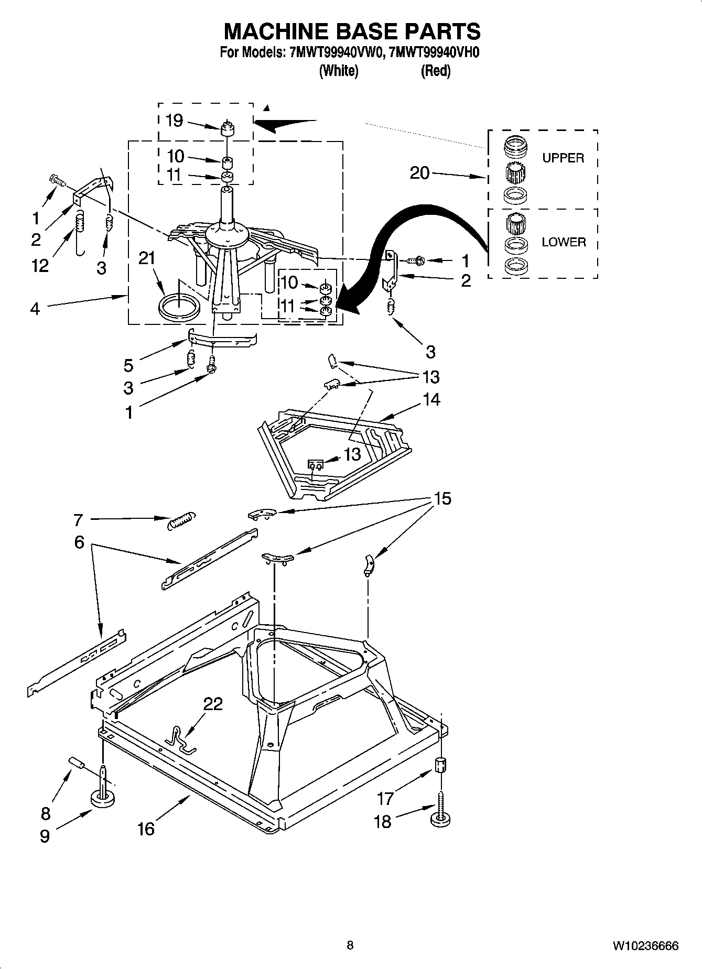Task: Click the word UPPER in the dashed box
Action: pos(563,158)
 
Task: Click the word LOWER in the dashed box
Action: pos(564,242)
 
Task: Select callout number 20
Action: pos(419,173)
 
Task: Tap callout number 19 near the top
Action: pos(174,121)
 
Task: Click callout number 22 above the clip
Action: pos(213,704)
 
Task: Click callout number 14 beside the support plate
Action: pos(431,400)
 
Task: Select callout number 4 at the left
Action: pos(35,309)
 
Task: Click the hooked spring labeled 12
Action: pos(80,231)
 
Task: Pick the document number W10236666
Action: pos(645,946)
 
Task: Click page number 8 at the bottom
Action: pos(350,945)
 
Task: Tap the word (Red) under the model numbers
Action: pos(435,71)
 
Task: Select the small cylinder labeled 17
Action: pos(441,765)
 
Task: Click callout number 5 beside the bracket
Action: pos(128,365)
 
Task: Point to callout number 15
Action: pos(442,498)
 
